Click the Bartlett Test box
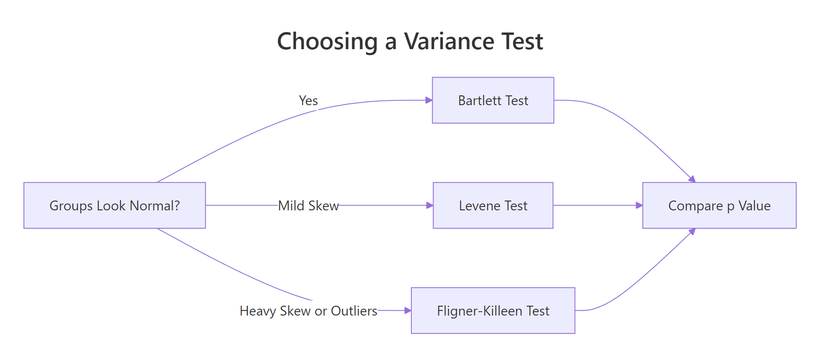pyautogui.click(x=493, y=100)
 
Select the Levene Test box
pyautogui.click(x=493, y=206)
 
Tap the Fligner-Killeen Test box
pyautogui.click(x=493, y=311)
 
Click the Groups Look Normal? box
pyautogui.click(x=115, y=206)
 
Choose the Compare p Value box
pyautogui.click(x=719, y=206)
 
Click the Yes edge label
pyautogui.click(x=308, y=101)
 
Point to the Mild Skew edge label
pyautogui.click(x=308, y=206)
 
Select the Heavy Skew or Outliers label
pyautogui.click(x=308, y=311)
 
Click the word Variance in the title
pyautogui.click(x=449, y=41)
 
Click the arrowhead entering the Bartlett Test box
pyautogui.click(x=429, y=100)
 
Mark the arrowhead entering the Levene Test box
pyautogui.click(x=430, y=206)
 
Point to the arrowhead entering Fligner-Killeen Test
pyautogui.click(x=408, y=311)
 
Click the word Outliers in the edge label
pyautogui.click(x=354, y=311)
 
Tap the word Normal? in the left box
pyautogui.click(x=155, y=206)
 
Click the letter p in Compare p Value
pyautogui.click(x=730, y=207)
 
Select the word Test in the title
pyautogui.click(x=522, y=41)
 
